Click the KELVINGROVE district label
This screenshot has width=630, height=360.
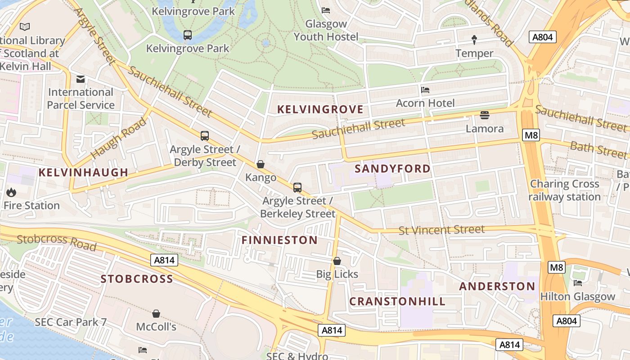point(320,109)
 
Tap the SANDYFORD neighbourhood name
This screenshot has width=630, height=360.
point(392,169)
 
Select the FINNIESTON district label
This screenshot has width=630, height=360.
point(279,240)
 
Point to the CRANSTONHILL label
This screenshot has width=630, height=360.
point(397,301)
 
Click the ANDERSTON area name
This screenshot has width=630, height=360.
point(497,286)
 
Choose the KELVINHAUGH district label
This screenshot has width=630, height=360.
point(83,172)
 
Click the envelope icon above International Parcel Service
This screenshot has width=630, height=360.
point(81,80)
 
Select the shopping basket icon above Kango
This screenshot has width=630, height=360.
point(260,165)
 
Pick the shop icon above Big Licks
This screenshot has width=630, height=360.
point(337,261)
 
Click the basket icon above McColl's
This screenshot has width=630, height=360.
point(156,314)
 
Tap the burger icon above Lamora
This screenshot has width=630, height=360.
point(484,115)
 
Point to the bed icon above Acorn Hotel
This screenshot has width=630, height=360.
point(425,90)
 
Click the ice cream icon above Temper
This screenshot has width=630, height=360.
point(474,40)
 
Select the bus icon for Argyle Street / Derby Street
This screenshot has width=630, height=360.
point(205,135)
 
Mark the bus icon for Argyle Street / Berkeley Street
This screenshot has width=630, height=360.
point(297,188)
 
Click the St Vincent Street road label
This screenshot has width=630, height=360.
point(441,230)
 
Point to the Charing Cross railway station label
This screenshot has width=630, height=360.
point(564,190)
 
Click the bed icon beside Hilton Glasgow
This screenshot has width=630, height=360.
point(578,283)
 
